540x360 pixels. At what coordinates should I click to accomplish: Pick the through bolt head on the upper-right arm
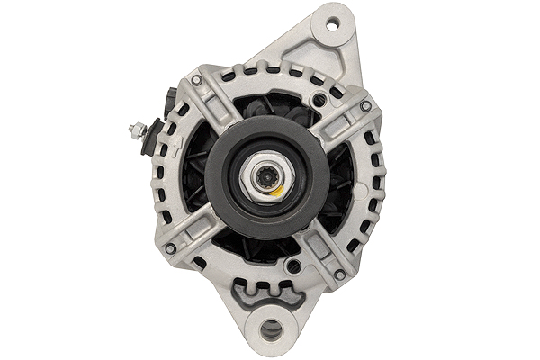(x=364, y=105)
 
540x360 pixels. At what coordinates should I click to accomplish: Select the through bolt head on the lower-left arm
(x=171, y=248)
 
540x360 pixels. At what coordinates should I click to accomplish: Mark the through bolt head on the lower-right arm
(x=339, y=274)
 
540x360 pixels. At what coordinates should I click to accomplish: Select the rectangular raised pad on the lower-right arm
(x=320, y=249)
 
